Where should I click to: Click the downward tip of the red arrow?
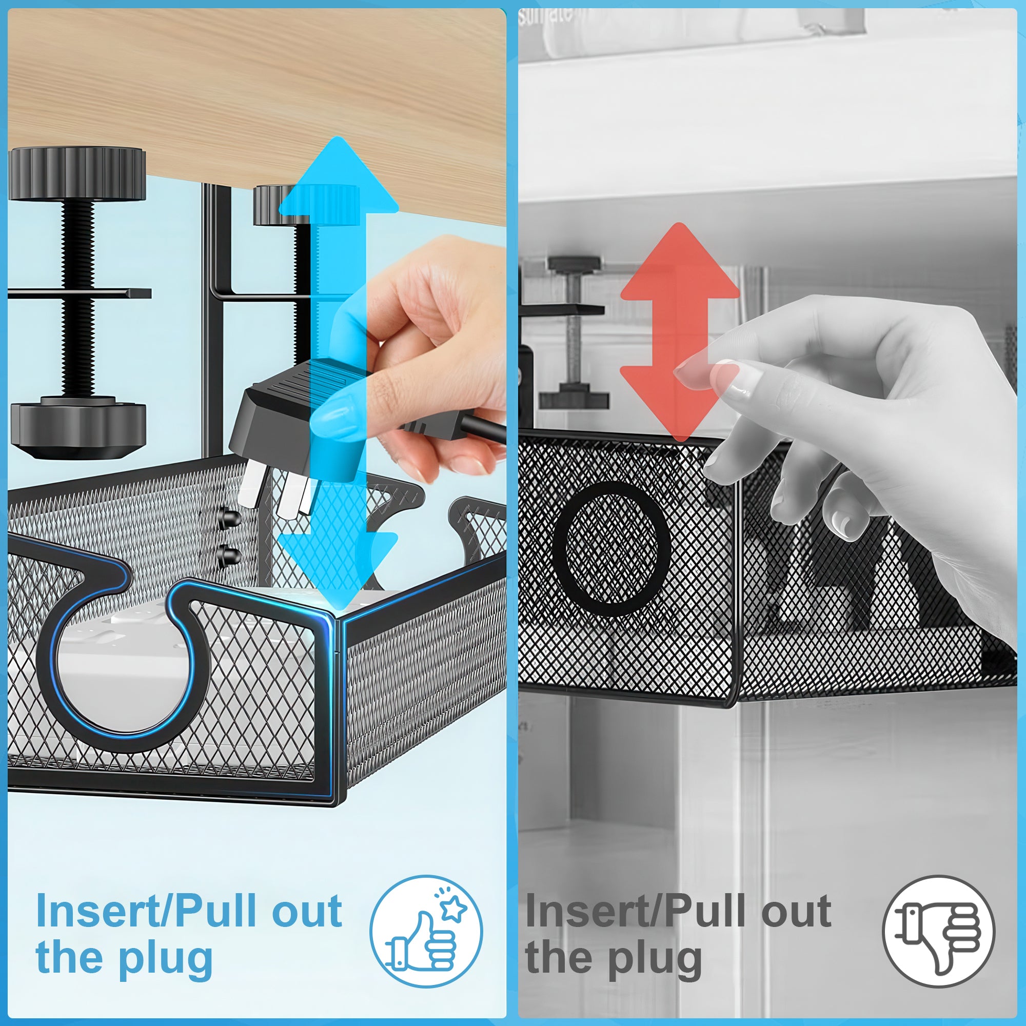click(x=680, y=441)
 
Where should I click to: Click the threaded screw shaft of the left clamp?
click(x=78, y=298)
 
